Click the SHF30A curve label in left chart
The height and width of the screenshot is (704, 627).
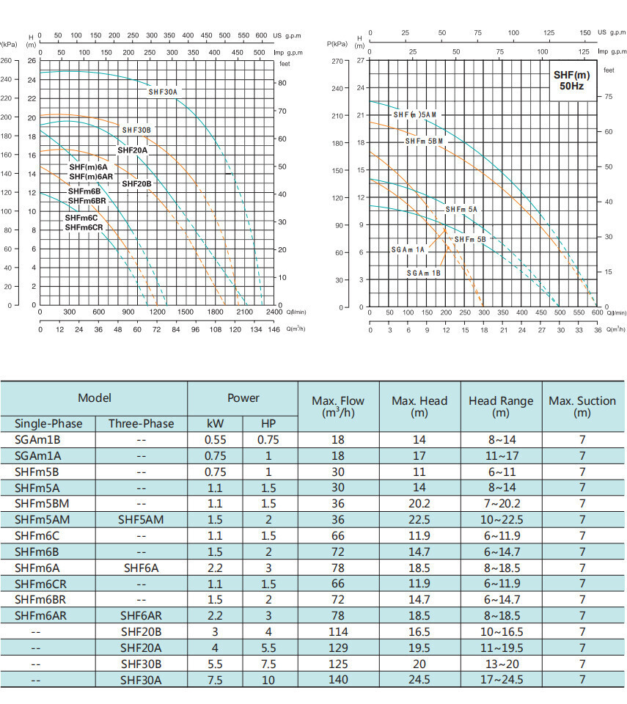(x=163, y=92)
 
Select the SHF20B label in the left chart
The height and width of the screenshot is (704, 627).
(x=136, y=183)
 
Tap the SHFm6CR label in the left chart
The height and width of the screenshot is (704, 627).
(x=84, y=227)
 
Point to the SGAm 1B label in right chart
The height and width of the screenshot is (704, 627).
(x=424, y=273)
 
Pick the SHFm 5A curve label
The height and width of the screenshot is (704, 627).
(x=461, y=210)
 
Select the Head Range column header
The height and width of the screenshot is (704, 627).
(x=501, y=406)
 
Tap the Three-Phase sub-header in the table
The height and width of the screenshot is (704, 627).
(x=141, y=424)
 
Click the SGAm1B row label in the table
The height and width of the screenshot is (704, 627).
(x=37, y=440)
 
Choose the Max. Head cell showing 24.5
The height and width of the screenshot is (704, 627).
(x=419, y=680)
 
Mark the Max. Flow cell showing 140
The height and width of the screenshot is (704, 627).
(x=337, y=680)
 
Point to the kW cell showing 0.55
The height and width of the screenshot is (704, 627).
(x=215, y=440)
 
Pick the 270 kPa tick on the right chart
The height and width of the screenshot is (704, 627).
(x=337, y=61)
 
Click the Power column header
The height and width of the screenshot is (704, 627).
(x=243, y=398)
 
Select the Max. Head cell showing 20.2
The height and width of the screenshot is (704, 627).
(x=419, y=504)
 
